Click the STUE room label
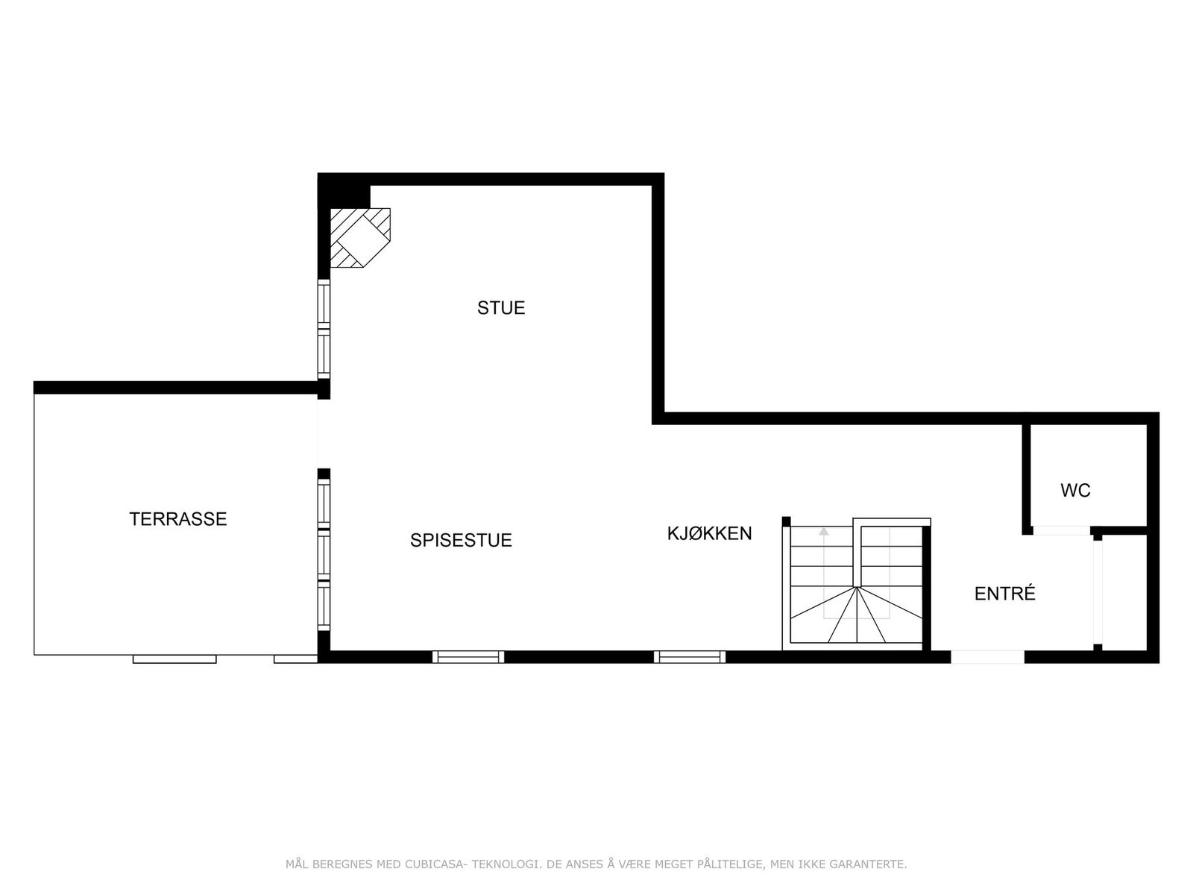click(501, 308)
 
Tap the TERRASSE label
click(177, 519)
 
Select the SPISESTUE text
click(461, 541)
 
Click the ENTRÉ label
click(1004, 594)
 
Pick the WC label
click(1075, 491)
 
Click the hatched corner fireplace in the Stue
click(360, 236)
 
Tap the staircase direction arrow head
click(823, 532)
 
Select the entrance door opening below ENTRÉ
click(987, 657)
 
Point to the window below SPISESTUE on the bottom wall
click(468, 657)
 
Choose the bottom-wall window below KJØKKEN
click(690, 657)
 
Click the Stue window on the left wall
click(324, 328)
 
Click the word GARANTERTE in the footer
click(873, 864)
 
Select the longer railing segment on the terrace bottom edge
click(174, 659)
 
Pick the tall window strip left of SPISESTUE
click(324, 554)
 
